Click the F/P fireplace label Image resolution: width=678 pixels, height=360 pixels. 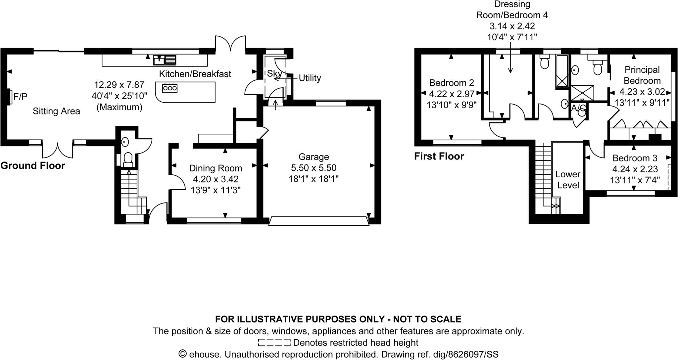point(20,97)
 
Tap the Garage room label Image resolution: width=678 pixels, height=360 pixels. point(314,157)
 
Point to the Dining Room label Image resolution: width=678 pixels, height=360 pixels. point(216,168)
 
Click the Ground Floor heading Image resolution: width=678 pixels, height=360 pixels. point(32,165)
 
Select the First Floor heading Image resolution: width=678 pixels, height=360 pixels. point(439,156)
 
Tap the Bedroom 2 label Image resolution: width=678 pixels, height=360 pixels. point(452,83)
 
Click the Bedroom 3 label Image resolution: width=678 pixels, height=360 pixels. point(635,158)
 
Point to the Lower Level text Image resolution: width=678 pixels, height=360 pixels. point(568,180)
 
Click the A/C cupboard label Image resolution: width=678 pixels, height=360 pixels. point(578,108)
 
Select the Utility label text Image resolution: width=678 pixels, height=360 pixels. point(310,78)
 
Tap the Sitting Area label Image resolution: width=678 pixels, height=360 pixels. point(56,111)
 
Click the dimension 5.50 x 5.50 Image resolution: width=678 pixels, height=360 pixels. point(314,168)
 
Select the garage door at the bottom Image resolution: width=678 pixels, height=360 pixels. point(318,221)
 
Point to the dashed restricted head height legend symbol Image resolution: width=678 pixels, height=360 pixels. point(274,342)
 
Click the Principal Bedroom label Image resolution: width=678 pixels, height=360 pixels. point(642,75)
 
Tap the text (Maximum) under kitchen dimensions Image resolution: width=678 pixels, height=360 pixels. point(119,107)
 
